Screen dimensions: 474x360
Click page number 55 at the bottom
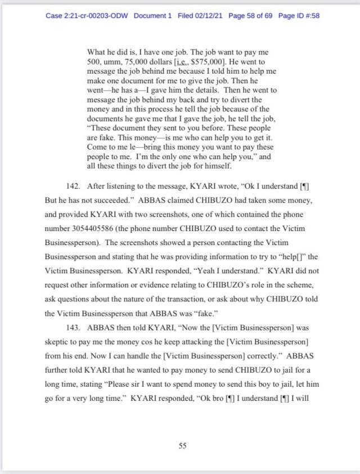(182, 446)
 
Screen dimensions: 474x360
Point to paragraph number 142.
(74, 187)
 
